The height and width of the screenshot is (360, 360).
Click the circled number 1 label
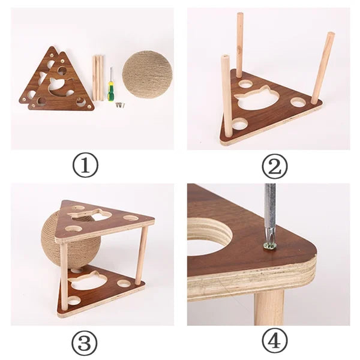85,165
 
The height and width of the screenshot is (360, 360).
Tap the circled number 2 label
274,166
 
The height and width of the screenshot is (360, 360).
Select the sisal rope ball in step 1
147,74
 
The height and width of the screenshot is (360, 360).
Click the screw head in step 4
270,245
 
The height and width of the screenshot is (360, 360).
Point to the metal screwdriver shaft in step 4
270,210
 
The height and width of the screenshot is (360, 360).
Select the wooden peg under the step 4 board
268,306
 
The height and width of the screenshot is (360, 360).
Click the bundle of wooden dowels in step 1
98,77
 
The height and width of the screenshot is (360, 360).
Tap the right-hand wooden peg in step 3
142,254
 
